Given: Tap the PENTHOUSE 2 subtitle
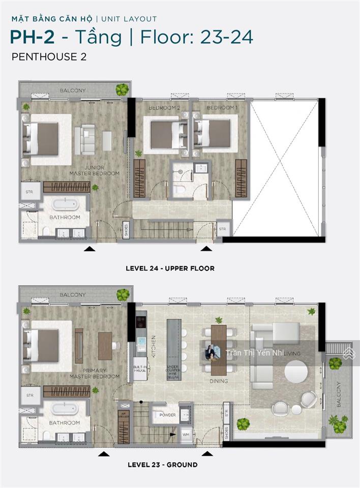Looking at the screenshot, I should coord(49,57).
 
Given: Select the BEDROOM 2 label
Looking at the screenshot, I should coord(164,108).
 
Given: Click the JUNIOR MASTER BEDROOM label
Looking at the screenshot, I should coord(95,170).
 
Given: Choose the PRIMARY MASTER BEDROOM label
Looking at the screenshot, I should coord(95,374).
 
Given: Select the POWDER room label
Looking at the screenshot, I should coord(167,415).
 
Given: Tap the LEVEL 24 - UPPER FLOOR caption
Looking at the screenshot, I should coord(170,268).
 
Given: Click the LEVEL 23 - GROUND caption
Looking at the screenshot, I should coord(162,465).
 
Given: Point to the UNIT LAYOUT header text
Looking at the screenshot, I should coord(129,19).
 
